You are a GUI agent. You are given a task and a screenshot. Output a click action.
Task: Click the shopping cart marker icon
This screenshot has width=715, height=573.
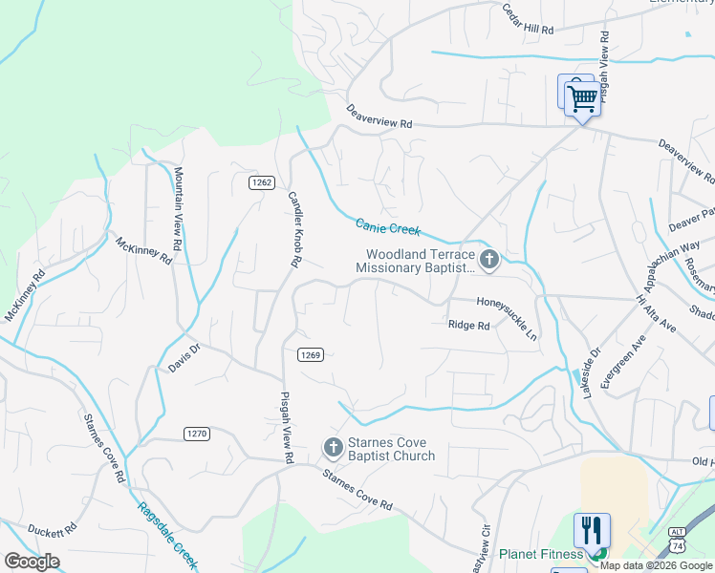582,97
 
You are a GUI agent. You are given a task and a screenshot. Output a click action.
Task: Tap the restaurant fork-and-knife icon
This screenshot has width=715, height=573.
592,530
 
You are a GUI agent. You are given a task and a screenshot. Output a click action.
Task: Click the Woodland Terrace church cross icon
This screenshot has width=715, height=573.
488,258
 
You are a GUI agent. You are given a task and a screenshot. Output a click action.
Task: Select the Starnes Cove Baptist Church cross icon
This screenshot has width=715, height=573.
333,446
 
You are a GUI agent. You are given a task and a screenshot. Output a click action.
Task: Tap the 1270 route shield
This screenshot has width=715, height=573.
196,433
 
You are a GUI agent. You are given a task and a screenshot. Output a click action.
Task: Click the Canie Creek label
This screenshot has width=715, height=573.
388,227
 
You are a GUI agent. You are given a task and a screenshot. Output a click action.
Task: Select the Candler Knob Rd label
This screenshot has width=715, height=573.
295,228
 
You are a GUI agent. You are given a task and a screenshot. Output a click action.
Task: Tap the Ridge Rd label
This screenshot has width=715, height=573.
468,326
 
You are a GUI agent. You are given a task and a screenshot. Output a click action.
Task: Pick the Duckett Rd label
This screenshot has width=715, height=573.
52,530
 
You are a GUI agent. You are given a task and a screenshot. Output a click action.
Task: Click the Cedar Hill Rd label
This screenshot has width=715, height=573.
529,21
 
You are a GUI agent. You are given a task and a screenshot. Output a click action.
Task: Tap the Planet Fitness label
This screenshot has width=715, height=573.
541,554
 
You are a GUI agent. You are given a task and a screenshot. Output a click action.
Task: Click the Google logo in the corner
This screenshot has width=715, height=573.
31,562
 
